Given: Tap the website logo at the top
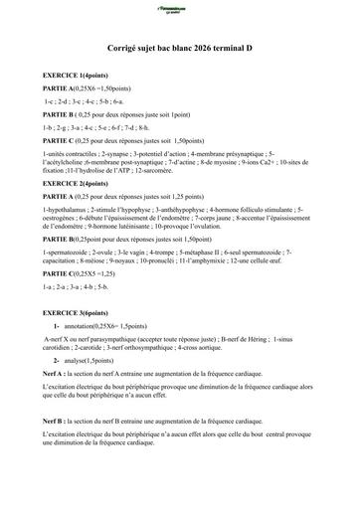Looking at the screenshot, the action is (x=179, y=8).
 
